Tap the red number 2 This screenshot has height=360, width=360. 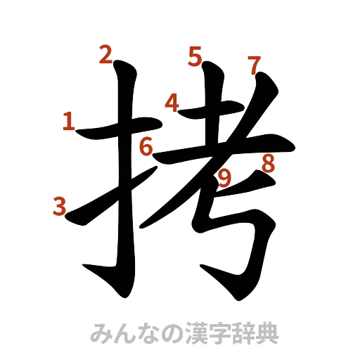(105, 54)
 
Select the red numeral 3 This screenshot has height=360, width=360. (60, 206)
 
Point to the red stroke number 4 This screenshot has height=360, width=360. (172, 103)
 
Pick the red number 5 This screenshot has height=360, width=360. (195, 54)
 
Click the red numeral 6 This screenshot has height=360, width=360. (146, 147)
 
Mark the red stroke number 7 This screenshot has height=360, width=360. (254, 65)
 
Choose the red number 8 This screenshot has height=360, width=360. (268, 163)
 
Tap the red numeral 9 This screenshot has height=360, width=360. (225, 179)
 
